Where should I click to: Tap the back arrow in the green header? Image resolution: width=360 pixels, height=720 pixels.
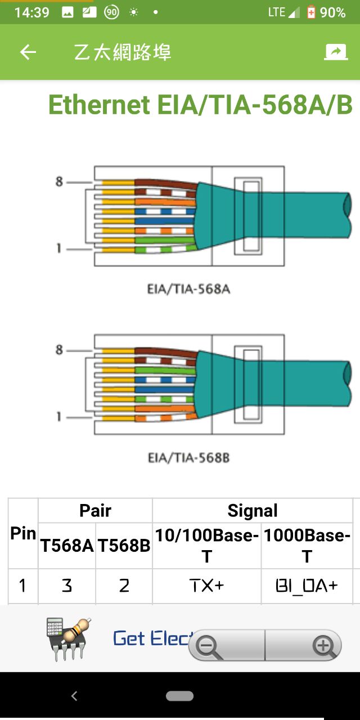28,52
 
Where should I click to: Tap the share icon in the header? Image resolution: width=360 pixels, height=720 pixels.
336,52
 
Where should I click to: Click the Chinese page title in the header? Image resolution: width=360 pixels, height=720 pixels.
123,52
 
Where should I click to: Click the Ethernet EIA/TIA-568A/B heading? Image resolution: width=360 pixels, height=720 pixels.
200,105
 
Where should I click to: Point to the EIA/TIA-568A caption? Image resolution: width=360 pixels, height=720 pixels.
188,289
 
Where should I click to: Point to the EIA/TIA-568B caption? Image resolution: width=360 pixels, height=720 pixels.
188,457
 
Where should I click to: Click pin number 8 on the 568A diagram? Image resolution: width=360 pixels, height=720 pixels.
59,182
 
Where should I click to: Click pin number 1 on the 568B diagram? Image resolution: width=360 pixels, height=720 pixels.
59,417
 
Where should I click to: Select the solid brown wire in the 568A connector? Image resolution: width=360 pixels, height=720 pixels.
166,184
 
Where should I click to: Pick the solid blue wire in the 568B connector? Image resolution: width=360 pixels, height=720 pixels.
165,390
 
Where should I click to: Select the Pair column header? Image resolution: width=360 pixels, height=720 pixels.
95,510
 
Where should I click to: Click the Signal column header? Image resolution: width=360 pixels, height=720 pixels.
253,510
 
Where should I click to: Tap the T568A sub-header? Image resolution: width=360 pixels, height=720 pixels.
67,546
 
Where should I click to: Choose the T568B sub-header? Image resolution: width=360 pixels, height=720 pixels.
124,546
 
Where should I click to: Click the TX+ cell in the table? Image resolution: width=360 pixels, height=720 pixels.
206,586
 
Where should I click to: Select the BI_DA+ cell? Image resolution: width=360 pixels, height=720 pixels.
307,586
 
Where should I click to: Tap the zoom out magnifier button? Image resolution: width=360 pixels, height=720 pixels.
209,647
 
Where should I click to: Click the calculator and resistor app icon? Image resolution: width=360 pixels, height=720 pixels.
68,638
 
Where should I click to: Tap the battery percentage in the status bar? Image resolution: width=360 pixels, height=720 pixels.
332,12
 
